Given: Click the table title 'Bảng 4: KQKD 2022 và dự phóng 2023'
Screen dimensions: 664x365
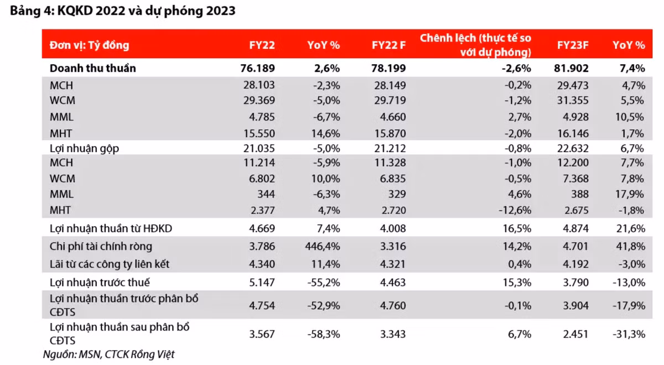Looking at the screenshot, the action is (x=123, y=11).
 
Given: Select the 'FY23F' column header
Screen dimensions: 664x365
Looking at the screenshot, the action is (x=572, y=45).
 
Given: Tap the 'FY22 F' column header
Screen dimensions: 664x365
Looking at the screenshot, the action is (x=388, y=45).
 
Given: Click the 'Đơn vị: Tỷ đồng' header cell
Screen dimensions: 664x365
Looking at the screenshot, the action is (x=90, y=45).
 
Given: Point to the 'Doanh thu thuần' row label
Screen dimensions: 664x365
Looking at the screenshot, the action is (x=93, y=68).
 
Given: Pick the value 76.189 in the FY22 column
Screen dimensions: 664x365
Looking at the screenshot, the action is (x=258, y=68).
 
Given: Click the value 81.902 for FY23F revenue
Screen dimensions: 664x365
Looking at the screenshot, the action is (x=571, y=68).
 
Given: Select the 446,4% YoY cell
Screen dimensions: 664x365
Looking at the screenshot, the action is (x=323, y=246).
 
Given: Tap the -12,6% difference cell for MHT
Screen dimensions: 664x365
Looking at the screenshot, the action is (x=515, y=210).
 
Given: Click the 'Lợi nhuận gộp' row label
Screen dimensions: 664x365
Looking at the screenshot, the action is (x=84, y=148).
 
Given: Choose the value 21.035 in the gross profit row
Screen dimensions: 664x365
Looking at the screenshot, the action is (x=259, y=148).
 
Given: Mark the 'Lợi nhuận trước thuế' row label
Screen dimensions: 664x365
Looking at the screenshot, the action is (x=100, y=283).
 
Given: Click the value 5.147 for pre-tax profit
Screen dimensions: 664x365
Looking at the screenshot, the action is (x=262, y=283).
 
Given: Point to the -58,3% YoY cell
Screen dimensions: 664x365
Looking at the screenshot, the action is (x=324, y=334).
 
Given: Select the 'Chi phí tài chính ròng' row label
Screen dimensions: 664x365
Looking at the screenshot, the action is (x=101, y=246).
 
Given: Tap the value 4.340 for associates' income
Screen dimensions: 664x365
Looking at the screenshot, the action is (x=262, y=264).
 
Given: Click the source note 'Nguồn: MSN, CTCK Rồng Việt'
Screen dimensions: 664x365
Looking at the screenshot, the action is (x=109, y=354).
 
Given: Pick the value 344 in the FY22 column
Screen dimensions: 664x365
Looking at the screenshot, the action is (x=266, y=194).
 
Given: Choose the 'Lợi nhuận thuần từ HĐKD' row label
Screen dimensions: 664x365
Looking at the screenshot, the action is (x=111, y=228).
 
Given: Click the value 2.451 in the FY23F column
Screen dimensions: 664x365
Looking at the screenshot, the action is (x=575, y=334).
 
